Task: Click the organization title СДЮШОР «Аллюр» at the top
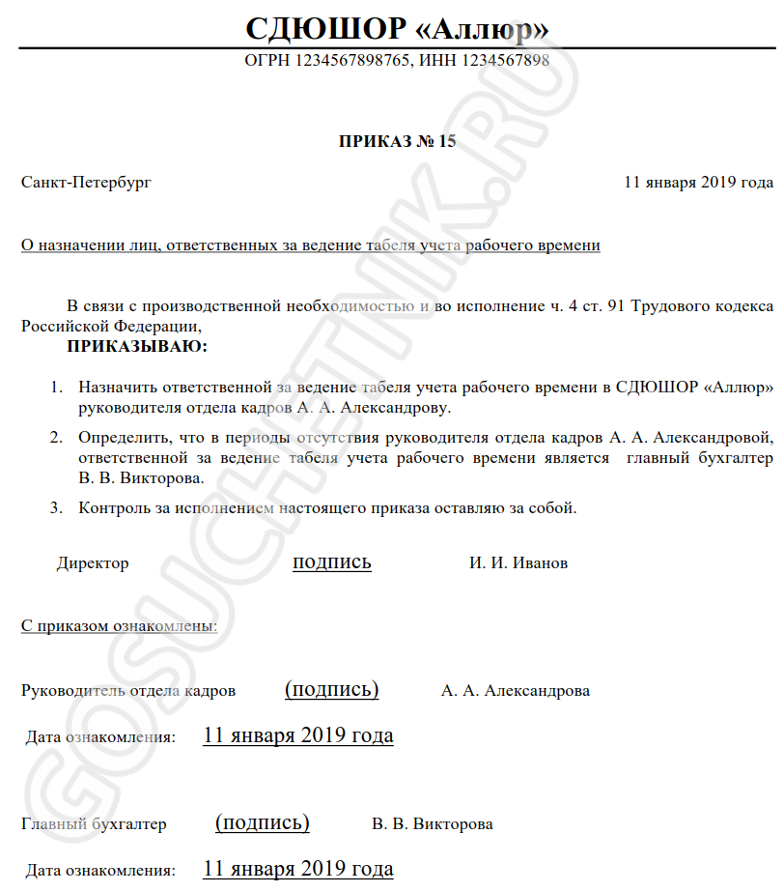[397, 28]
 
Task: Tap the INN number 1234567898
[503, 61]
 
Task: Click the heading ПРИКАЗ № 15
[397, 141]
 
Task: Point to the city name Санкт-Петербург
[86, 182]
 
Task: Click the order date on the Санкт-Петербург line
[698, 182]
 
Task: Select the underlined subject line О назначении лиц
[310, 245]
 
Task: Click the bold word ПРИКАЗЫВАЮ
[137, 345]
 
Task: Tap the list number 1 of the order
[56, 388]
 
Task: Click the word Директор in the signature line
[93, 563]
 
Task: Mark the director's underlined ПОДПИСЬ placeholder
[332, 562]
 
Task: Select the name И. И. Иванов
[518, 563]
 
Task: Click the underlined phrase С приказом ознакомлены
[119, 625]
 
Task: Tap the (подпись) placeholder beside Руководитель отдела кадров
[332, 689]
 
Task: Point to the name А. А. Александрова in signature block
[516, 691]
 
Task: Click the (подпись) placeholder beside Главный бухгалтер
[263, 822]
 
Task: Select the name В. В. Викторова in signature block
[433, 824]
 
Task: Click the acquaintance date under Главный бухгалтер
[298, 868]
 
